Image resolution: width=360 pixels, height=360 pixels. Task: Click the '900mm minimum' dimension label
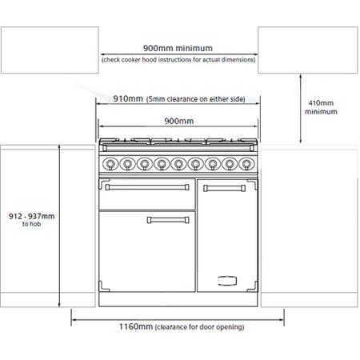pyautogui.click(x=178, y=48)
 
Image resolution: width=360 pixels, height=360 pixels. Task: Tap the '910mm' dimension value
pyautogui.click(x=128, y=98)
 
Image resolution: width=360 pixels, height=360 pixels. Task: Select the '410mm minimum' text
pyautogui.click(x=321, y=107)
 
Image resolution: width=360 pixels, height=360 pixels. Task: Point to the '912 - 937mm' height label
pyautogui.click(x=31, y=216)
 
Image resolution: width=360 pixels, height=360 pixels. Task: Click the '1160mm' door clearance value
pyautogui.click(x=136, y=326)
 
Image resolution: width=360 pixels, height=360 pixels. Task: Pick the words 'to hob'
pyautogui.click(x=31, y=224)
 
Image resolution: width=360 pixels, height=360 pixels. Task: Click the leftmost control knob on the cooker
pyautogui.click(x=110, y=163)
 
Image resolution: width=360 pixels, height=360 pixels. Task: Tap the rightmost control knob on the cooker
pyautogui.click(x=246, y=163)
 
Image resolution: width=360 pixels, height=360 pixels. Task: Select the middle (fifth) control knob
pyautogui.click(x=178, y=163)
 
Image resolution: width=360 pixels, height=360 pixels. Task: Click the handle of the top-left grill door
pyautogui.click(x=147, y=187)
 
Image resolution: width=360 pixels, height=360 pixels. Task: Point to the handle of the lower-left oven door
pyautogui.click(x=168, y=220)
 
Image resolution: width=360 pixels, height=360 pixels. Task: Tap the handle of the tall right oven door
pyautogui.click(x=225, y=188)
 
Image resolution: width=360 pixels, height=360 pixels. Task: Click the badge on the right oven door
pyautogui.click(x=227, y=281)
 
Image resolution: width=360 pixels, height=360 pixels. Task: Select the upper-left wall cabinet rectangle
pyautogui.click(x=50, y=50)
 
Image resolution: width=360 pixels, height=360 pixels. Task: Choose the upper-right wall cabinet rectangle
pyautogui.click(x=308, y=50)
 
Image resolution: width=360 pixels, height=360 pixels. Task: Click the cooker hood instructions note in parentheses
pyautogui.click(x=178, y=60)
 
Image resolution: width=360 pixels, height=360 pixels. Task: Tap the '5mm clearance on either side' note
pyautogui.click(x=195, y=99)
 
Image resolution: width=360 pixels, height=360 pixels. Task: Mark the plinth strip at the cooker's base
pyautogui.click(x=178, y=299)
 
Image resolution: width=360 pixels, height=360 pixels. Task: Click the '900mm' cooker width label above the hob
pyautogui.click(x=179, y=121)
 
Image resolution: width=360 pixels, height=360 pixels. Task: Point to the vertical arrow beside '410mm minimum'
pyautogui.click(x=301, y=109)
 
